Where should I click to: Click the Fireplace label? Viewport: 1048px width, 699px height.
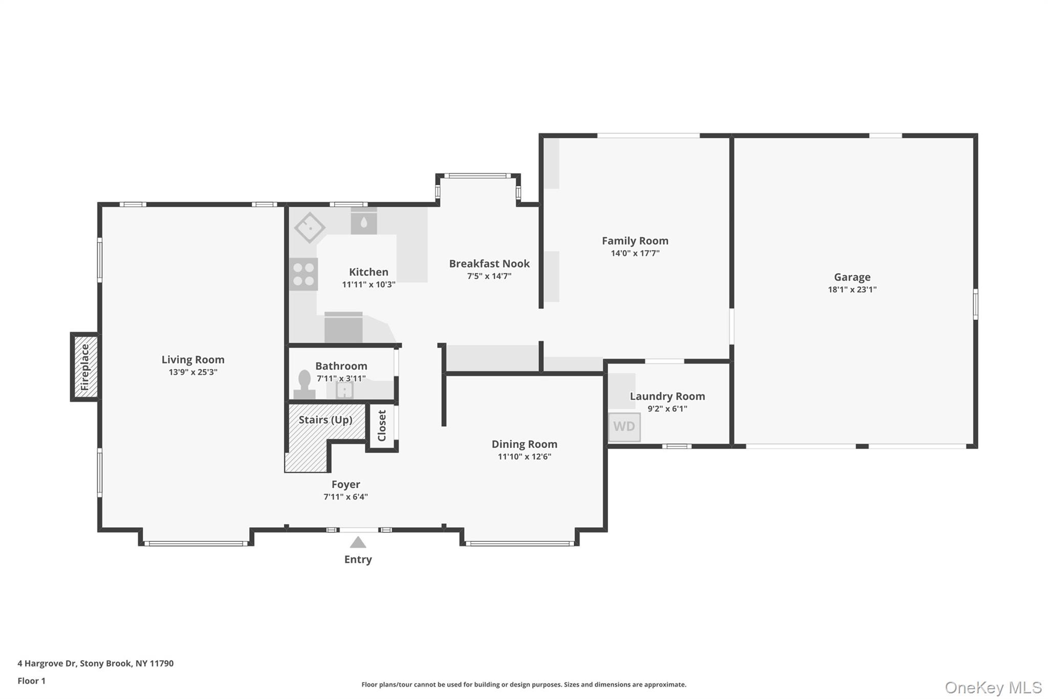(x=85, y=367)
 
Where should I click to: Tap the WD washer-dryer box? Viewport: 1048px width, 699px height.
(x=624, y=427)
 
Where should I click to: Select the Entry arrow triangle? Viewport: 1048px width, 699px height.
(x=358, y=542)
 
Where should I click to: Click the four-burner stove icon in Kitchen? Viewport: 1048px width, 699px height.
(x=303, y=274)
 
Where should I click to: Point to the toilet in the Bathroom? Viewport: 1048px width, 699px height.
(x=304, y=385)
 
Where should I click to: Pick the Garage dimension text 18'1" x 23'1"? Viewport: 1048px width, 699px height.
(x=852, y=289)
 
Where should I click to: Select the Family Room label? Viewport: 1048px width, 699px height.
(x=635, y=241)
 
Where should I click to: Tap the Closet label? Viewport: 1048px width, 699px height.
(x=382, y=426)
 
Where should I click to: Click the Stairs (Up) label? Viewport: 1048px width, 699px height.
(x=325, y=420)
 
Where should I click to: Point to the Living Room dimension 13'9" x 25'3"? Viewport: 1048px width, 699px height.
(x=193, y=372)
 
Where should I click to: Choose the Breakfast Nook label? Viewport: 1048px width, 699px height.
(x=489, y=264)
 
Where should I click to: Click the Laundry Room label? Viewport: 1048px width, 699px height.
(x=667, y=396)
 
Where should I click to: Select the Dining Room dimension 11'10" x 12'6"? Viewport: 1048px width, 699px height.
(x=524, y=457)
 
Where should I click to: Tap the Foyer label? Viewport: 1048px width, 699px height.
(x=345, y=484)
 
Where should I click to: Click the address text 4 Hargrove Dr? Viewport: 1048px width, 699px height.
(x=47, y=663)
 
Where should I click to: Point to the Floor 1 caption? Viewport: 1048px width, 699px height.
(x=32, y=681)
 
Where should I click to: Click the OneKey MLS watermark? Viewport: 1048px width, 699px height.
(x=993, y=687)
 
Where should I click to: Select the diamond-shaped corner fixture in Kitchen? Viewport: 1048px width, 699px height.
(x=310, y=227)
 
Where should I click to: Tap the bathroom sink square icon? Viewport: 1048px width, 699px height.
(x=344, y=390)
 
